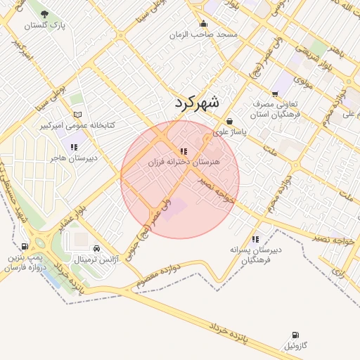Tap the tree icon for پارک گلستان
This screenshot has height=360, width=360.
click(45, 14)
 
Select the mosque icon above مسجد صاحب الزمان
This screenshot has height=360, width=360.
click(203, 23)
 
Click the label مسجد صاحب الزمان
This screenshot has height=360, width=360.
click(208, 34)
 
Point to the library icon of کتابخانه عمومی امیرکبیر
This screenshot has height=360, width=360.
click(77, 115)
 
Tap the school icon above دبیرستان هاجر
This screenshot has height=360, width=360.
click(73, 147)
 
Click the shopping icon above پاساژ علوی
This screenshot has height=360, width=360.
click(230, 121)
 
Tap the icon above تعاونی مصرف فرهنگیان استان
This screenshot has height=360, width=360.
click(275, 93)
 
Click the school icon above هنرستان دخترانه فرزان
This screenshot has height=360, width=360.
click(184, 151)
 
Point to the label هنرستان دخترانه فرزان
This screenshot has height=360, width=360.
click(184, 162)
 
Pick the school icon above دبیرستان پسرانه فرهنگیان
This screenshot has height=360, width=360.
click(255, 239)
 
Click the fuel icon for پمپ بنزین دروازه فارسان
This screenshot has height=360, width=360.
click(25, 247)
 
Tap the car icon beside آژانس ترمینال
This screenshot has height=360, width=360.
click(96, 248)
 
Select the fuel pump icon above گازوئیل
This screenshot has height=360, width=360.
click(294, 335)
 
